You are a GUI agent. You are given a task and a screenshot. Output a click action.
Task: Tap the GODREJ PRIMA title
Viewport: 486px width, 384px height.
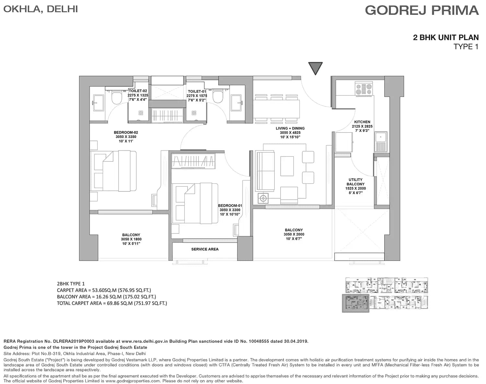click(422, 10)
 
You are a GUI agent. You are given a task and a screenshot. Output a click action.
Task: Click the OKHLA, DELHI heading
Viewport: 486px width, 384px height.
click(40, 9)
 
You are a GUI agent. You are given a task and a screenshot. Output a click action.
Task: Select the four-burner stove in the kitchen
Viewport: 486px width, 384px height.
click(364, 89)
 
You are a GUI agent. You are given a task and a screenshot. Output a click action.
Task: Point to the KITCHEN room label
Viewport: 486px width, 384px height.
click(362, 122)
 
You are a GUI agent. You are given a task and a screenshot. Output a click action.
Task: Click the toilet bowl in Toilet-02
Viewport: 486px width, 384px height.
click(117, 97)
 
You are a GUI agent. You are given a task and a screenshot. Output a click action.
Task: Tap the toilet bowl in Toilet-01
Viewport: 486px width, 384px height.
click(218, 97)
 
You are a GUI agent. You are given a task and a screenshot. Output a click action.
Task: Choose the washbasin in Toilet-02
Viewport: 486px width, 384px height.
click(99, 103)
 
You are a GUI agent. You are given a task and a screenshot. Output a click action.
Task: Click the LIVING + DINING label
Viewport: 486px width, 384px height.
click(290, 128)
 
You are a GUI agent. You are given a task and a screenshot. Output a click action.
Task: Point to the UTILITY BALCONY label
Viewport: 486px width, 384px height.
click(355, 182)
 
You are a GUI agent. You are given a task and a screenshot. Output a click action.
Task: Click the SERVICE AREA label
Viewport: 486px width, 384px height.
click(205, 249)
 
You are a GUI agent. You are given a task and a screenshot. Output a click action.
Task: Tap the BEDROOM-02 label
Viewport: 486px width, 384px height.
click(126, 132)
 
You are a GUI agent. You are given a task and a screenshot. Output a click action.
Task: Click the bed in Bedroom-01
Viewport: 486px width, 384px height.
click(195, 204)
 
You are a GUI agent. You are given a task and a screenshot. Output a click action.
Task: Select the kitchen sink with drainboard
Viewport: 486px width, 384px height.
click(381, 142)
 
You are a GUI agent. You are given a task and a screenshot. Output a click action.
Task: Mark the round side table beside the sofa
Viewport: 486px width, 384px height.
click(263, 198)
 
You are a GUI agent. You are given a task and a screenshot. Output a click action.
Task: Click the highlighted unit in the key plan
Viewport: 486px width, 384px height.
click(356, 303)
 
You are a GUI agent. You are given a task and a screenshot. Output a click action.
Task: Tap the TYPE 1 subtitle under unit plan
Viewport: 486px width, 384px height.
click(466, 47)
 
